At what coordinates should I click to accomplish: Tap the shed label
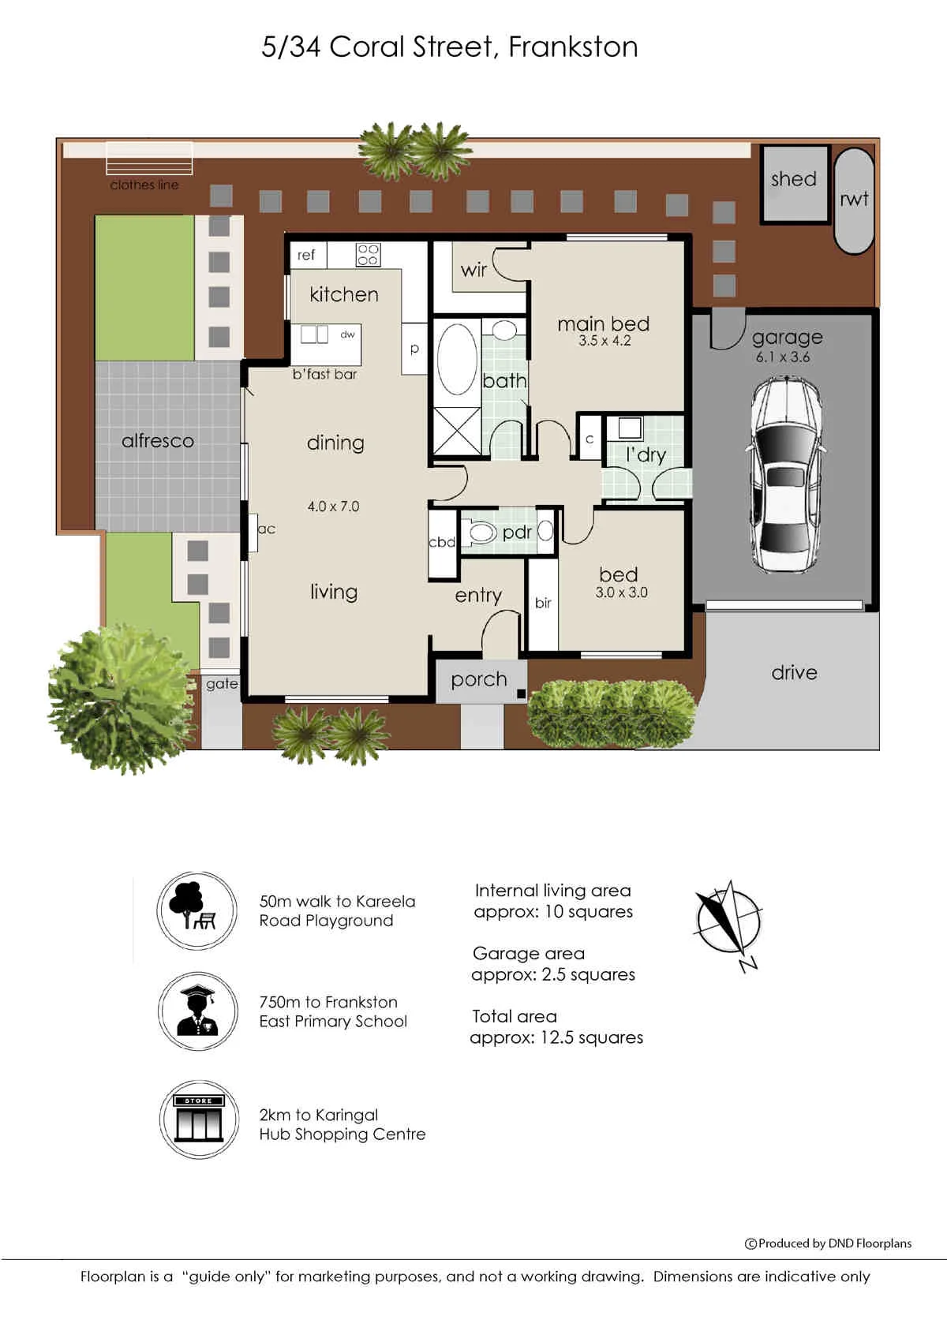click(793, 178)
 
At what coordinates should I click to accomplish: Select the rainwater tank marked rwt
click(854, 200)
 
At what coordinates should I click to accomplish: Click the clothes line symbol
click(149, 159)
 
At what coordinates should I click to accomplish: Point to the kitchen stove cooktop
click(368, 255)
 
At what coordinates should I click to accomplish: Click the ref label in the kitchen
click(306, 255)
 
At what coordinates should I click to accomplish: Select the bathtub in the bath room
click(457, 360)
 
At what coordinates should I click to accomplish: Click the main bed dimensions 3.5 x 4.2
click(605, 341)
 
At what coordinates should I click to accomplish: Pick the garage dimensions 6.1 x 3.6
click(783, 357)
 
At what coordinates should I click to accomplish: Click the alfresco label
click(158, 441)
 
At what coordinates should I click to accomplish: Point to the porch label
click(478, 680)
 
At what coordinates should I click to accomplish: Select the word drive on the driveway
click(794, 673)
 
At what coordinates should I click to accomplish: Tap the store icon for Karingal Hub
click(199, 1119)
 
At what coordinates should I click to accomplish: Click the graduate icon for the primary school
click(198, 1011)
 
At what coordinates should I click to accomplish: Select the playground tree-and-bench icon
click(197, 910)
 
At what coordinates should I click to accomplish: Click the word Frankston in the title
click(573, 47)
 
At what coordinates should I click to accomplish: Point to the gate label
click(222, 684)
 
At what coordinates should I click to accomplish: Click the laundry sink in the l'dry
click(630, 428)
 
